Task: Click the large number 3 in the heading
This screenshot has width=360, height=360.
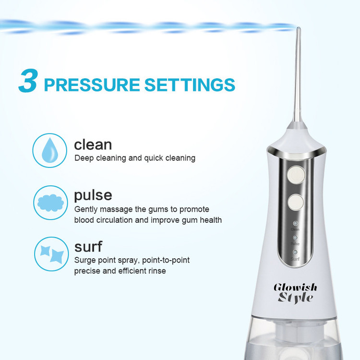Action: coord(28,81)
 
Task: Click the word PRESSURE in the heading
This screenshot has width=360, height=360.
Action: coord(92,84)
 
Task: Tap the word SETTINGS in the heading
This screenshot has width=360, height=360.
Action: coord(190,84)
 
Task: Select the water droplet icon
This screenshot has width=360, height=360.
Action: coord(50,150)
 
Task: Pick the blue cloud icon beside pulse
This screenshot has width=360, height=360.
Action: coord(50,203)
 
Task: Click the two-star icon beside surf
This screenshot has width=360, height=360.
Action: coord(51,254)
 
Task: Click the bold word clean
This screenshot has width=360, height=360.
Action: coord(93,145)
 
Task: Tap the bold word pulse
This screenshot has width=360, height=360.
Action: coord(93,196)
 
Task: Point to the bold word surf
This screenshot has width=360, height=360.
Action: coord(88,247)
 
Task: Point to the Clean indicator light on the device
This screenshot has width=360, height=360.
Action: coord(296,223)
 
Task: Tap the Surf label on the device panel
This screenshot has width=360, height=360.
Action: coord(295,259)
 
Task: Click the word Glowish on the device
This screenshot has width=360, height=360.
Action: coord(296,287)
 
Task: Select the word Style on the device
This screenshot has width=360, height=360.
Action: coord(295,298)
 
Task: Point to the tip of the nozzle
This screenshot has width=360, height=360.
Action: coord(298,28)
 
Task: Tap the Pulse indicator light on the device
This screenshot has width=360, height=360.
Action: coord(295,238)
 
